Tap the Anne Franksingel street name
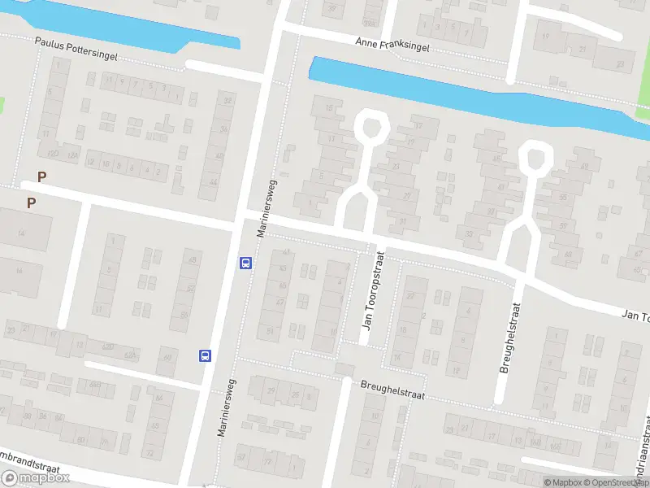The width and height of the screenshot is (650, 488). tap(392, 45)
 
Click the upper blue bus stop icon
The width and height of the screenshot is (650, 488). tap(245, 263)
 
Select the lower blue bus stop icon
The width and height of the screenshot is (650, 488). tap(206, 355)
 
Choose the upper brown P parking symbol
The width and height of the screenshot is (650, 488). tap(42, 176)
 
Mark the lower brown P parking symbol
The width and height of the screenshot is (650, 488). tap(31, 203)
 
